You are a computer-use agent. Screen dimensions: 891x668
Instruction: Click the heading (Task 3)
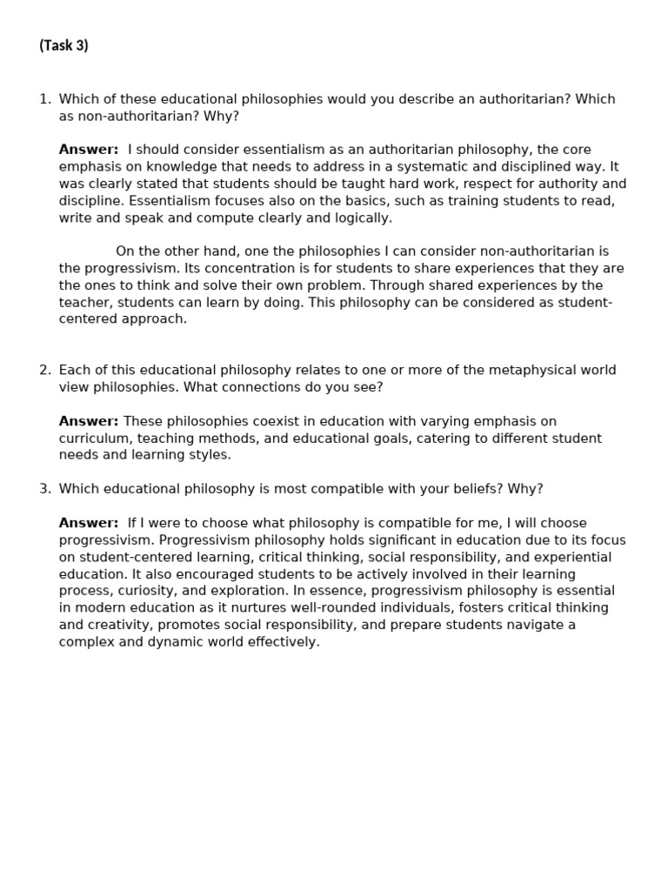63,46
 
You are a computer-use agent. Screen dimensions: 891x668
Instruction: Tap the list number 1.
44,99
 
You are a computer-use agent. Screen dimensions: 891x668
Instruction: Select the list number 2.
44,370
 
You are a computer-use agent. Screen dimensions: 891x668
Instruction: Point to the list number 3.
44,489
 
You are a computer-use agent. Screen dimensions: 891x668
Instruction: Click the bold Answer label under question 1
89,150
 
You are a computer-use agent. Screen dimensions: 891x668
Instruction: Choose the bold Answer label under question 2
89,421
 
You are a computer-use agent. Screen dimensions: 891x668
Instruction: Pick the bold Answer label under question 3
89,523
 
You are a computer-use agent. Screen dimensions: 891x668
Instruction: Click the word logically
361,218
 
